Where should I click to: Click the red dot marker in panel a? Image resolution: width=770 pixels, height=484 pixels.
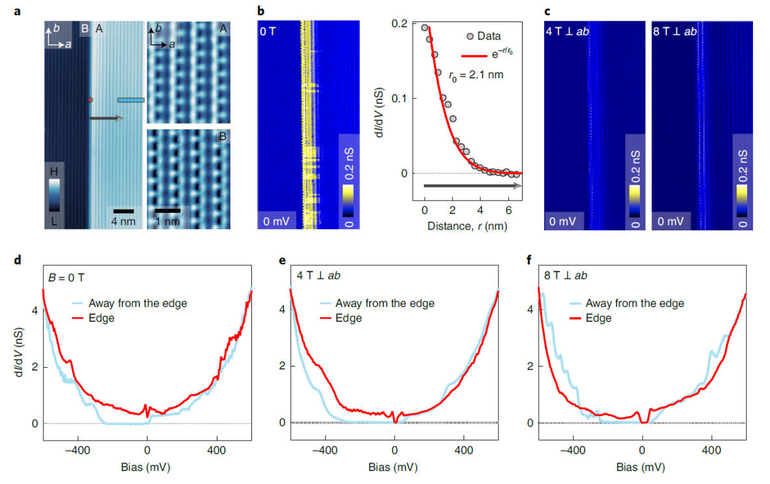pos(90,100)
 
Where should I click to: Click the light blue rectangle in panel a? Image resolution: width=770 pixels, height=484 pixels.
pos(130,100)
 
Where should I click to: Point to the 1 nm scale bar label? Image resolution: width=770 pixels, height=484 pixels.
pos(168,221)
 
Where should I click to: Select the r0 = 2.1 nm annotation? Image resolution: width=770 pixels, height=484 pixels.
pos(475,75)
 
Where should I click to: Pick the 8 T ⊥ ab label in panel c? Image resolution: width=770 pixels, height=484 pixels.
pos(675,30)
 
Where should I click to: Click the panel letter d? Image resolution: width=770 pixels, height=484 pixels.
pos(18,261)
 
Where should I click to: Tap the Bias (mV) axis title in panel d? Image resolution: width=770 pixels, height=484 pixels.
pos(146,466)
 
